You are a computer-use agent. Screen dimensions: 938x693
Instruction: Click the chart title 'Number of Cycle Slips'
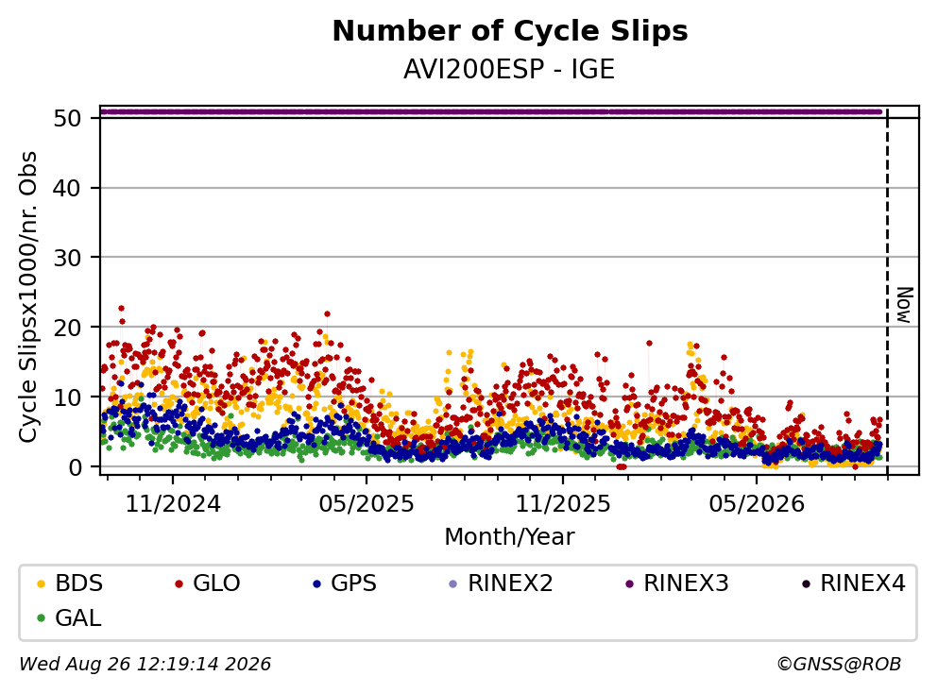click(x=510, y=31)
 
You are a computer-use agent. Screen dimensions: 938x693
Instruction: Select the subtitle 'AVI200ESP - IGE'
click(x=509, y=70)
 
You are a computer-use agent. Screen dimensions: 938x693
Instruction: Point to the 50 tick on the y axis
click(x=67, y=118)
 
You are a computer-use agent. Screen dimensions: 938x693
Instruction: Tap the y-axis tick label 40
click(x=67, y=188)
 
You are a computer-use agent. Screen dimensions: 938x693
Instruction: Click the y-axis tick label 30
click(x=67, y=258)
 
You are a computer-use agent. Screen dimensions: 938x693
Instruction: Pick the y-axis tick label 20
click(x=67, y=328)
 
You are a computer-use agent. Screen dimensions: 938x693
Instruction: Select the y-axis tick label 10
click(x=67, y=397)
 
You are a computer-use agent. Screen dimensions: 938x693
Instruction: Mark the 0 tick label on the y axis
click(x=75, y=467)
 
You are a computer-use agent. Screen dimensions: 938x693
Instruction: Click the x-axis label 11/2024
click(x=173, y=504)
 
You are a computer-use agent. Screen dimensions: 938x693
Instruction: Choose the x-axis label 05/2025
click(x=367, y=504)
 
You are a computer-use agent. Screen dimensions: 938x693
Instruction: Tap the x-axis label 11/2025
click(x=563, y=504)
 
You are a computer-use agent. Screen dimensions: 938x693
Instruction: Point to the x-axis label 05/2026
click(x=757, y=504)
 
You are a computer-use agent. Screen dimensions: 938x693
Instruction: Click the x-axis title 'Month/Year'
click(x=509, y=537)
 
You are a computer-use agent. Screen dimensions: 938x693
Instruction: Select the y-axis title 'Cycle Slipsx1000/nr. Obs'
click(x=27, y=297)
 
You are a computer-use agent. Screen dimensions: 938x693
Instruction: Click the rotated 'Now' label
click(x=905, y=305)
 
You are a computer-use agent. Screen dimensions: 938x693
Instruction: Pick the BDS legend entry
click(x=69, y=583)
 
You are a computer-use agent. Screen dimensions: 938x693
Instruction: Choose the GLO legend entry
click(x=207, y=583)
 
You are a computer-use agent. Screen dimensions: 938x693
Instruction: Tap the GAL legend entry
click(x=68, y=617)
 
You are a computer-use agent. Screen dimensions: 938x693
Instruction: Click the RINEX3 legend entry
click(x=677, y=583)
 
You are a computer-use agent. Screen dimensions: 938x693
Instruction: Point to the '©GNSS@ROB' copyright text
click(x=839, y=664)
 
